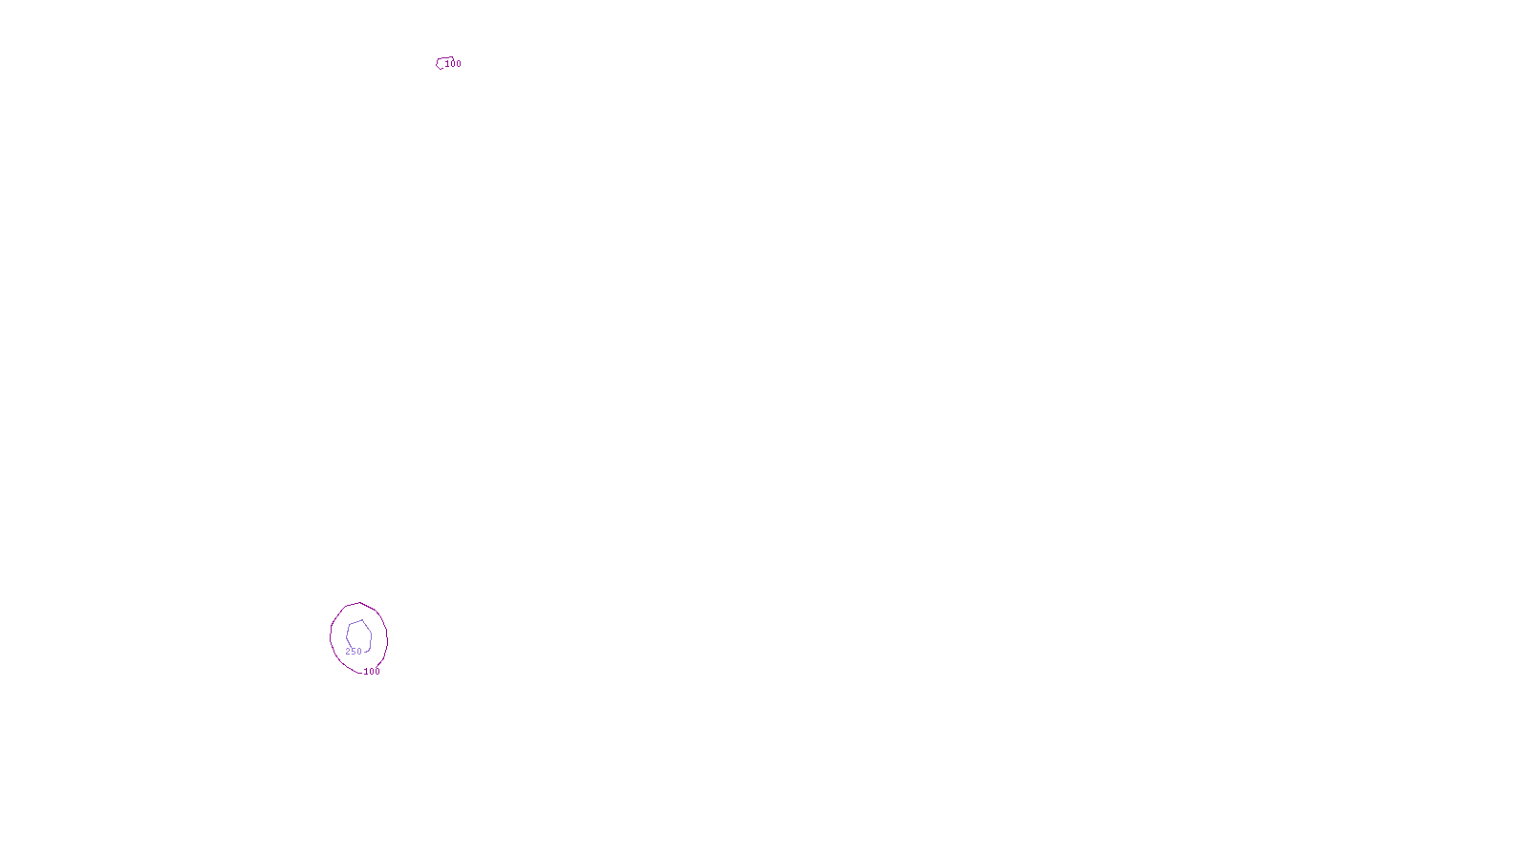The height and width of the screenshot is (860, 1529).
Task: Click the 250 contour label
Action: pos(354,652)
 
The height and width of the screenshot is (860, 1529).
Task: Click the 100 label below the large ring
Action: pos(372,672)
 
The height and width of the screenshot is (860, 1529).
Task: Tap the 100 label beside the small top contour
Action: pos(453,64)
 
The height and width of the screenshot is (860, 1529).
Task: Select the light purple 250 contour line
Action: pos(370,635)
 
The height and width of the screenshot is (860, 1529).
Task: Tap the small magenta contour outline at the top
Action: pos(439,64)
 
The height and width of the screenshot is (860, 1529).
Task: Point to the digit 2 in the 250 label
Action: pos(348,652)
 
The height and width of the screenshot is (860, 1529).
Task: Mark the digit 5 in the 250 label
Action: pos(354,652)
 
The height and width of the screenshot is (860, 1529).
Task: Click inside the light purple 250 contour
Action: pos(358,634)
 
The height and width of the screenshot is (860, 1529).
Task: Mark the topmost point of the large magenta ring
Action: pos(358,603)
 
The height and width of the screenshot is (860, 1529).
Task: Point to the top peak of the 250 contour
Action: pos(361,620)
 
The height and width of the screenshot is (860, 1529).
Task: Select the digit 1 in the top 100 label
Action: pos(447,64)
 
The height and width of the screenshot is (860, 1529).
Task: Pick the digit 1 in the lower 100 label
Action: pos(366,672)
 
